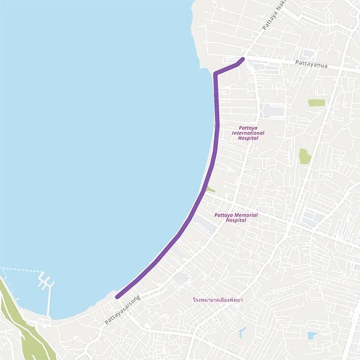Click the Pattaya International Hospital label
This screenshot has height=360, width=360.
pyautogui.click(x=248, y=133)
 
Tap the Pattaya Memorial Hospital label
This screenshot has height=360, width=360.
pyautogui.click(x=236, y=217)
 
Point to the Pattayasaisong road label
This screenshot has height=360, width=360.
pyautogui.click(x=122, y=310)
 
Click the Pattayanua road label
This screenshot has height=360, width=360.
pyautogui.click(x=311, y=62)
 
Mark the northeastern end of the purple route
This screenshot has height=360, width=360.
pyautogui.click(x=242, y=59)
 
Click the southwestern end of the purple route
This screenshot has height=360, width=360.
pyautogui.click(x=117, y=296)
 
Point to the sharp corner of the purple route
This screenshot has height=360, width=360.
pyautogui.click(x=215, y=73)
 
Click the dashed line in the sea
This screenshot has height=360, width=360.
pyautogui.click(x=18, y=269)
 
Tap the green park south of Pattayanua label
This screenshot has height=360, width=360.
pyautogui.click(x=316, y=103)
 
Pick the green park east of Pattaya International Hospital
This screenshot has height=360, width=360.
pyautogui.click(x=304, y=156)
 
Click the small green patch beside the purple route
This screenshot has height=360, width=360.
pyautogui.click(x=210, y=190)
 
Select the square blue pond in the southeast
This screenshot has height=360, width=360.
pyautogui.click(x=311, y=335)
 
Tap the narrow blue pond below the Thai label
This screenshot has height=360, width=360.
pyautogui.click(x=242, y=332)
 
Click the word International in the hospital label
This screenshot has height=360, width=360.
pyautogui.click(x=248, y=133)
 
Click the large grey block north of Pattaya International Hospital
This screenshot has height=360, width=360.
pyautogui.click(x=274, y=110)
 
